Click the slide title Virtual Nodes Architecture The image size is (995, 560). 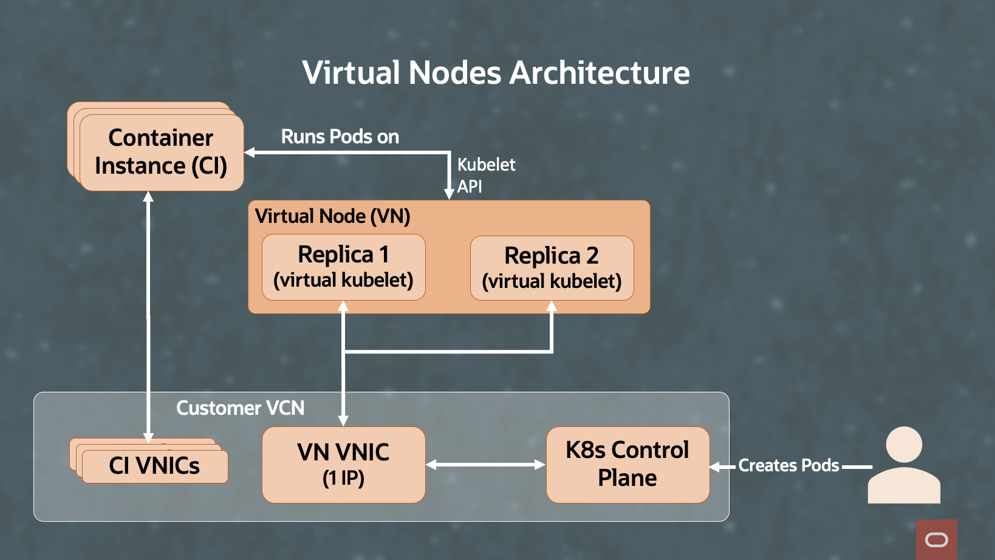[x=496, y=73]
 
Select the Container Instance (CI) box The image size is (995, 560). [x=161, y=152]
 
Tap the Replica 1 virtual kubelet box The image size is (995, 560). [x=343, y=267]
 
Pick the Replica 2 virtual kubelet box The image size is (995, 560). [x=552, y=268]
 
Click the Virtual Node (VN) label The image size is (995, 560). [x=332, y=216]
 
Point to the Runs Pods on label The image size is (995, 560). [x=340, y=137]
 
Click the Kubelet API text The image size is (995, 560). [x=485, y=175]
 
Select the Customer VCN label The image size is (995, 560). [x=240, y=408]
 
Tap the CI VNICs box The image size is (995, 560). [x=154, y=466]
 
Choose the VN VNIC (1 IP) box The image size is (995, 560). [x=343, y=465]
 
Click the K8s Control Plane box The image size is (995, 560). [x=627, y=465]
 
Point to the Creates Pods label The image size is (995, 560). [x=788, y=466]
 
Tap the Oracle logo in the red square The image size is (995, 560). [x=936, y=539]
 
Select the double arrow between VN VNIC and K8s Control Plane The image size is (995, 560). [x=485, y=465]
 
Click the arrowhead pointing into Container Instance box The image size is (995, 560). [x=250, y=152]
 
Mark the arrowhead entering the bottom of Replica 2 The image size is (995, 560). [x=552, y=307]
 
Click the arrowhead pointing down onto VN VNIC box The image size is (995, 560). [x=343, y=420]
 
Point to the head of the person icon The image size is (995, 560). [x=904, y=444]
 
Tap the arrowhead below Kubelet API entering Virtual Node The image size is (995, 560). [x=449, y=194]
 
